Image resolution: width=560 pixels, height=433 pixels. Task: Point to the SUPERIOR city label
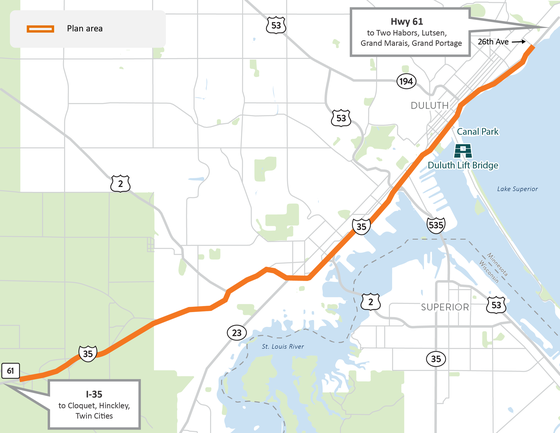tap(444, 307)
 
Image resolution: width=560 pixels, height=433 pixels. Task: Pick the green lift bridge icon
tap(464, 150)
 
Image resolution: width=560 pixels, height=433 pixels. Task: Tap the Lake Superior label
tap(518, 188)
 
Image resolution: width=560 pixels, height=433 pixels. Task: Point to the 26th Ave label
tap(493, 42)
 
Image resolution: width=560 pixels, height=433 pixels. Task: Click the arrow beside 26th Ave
tap(523, 42)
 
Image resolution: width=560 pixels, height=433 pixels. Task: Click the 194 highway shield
tap(405, 80)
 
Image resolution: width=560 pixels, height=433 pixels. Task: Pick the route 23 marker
tap(235, 332)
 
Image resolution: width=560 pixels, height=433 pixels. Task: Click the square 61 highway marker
tap(10, 371)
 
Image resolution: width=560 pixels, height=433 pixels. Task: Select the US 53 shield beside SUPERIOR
tap(497, 304)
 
